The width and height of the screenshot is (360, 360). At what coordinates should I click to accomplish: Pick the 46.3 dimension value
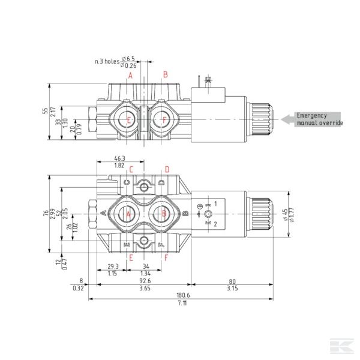[x=120, y=159]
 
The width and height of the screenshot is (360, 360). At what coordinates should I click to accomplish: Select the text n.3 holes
[x=107, y=61]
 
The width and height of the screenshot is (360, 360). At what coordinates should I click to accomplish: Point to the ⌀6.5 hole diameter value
[x=128, y=58]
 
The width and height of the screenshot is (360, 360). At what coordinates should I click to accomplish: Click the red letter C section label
[x=127, y=169]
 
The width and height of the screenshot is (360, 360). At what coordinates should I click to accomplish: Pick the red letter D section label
[x=167, y=169]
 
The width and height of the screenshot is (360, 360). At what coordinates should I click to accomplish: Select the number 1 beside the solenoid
[x=216, y=204]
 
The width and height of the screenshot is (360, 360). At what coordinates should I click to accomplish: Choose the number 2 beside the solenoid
[x=216, y=223]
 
